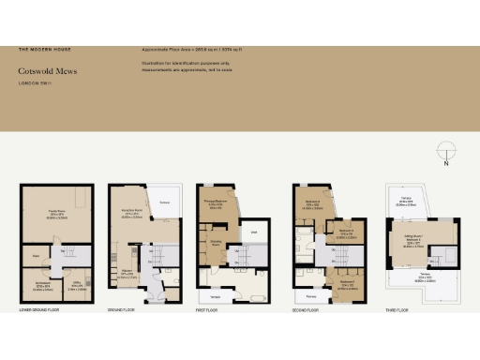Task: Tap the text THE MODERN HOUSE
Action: pyautogui.click(x=44, y=48)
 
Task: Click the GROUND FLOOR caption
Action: pyautogui.click(x=123, y=307)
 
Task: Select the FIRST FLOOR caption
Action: pyautogui.click(x=211, y=307)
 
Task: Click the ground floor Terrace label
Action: pyautogui.click(x=164, y=201)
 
